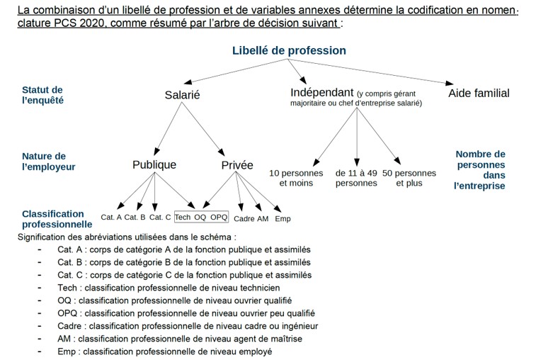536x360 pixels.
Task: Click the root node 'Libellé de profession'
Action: click(x=289, y=50)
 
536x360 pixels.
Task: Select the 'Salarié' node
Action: click(x=183, y=95)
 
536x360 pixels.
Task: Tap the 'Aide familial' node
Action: click(x=479, y=93)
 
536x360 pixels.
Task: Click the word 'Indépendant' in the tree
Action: click(x=321, y=93)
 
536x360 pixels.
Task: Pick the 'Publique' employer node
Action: click(x=154, y=164)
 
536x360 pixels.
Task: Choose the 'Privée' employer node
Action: click(x=237, y=165)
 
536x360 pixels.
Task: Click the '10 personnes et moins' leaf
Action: click(x=296, y=178)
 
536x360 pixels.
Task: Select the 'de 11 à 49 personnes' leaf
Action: click(x=356, y=178)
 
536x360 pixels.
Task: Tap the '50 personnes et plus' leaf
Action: click(x=409, y=178)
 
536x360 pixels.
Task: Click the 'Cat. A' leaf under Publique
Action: click(x=111, y=218)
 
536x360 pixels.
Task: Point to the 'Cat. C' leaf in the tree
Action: click(x=160, y=218)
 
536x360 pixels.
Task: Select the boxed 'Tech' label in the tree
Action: click(x=183, y=217)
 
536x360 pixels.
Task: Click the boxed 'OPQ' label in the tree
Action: click(x=219, y=217)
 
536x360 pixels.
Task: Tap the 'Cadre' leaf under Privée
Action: click(x=244, y=219)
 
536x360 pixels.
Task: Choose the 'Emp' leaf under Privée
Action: click(x=283, y=219)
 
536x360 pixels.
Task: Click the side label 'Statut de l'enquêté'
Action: click(x=42, y=95)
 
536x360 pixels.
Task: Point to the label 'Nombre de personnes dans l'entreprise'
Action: click(x=480, y=170)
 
